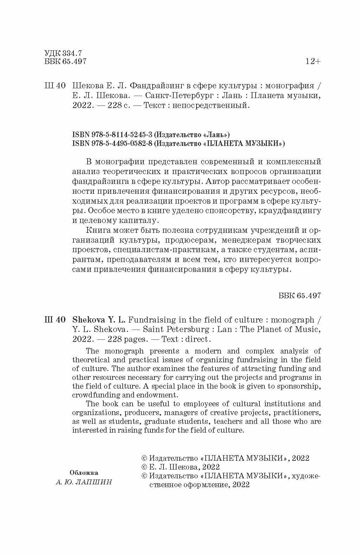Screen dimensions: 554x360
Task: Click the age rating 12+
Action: (x=313, y=62)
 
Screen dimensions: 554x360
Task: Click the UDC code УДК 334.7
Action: (x=63, y=53)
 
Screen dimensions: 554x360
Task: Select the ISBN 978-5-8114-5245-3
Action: (x=112, y=134)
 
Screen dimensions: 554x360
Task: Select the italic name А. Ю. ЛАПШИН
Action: (x=84, y=482)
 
